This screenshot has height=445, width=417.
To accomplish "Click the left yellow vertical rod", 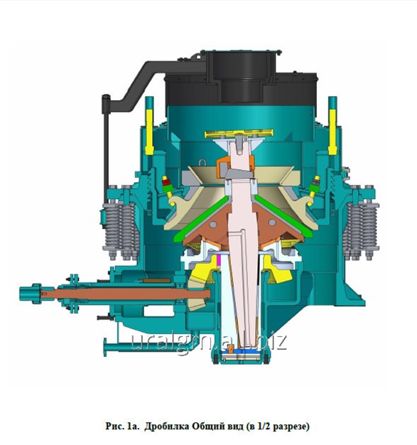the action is point(149,132).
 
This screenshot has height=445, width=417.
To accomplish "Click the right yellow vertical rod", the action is point(332,132).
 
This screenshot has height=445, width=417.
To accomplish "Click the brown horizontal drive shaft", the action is point(126,294).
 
